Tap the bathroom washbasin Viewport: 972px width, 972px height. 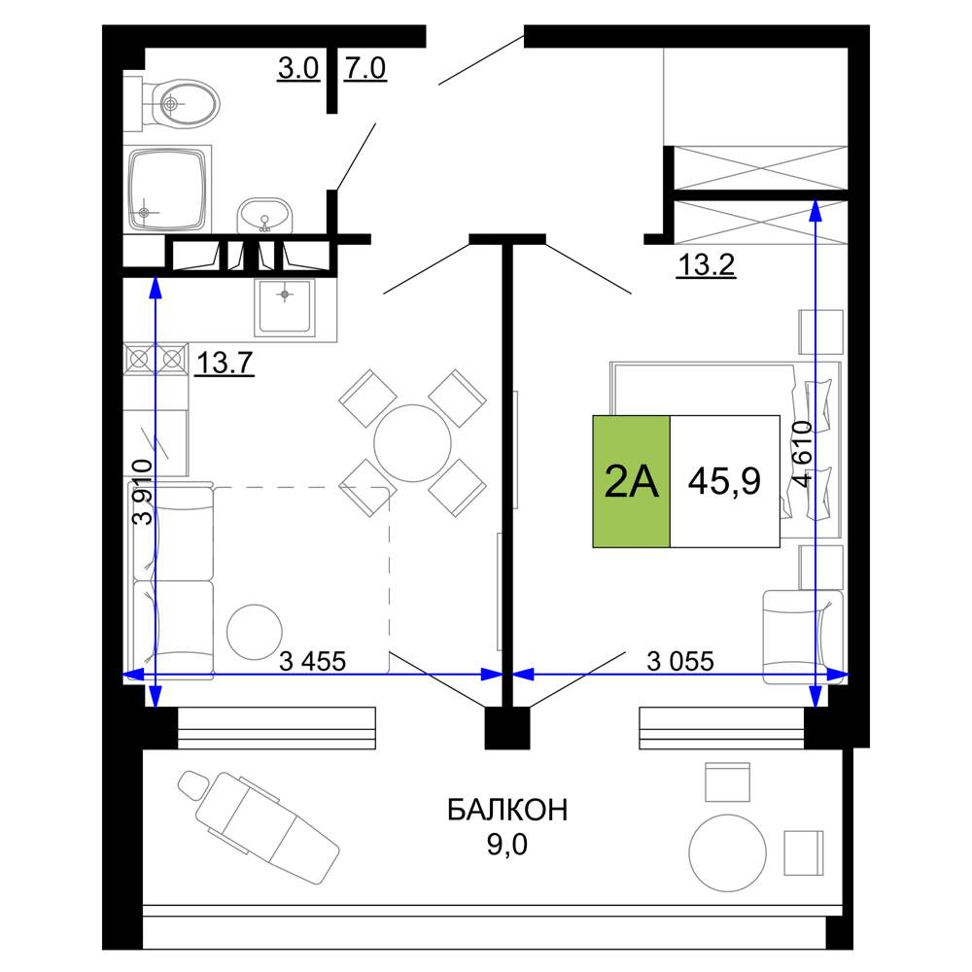[264, 215]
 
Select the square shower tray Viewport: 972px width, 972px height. [167, 189]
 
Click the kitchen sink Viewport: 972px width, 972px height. [285, 306]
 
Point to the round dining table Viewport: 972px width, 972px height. [412, 442]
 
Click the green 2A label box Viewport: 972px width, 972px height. [631, 481]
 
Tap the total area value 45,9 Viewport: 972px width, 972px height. [724, 481]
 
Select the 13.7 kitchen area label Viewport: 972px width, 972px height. [225, 362]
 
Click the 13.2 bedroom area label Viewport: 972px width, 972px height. [706, 264]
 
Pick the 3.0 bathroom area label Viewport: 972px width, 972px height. [298, 68]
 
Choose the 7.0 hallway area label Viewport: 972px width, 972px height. [365, 68]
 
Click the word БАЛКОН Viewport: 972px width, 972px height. [507, 810]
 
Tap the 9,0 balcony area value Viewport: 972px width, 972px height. [507, 845]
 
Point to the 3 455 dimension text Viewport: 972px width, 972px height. [312, 661]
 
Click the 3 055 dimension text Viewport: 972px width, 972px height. [680, 661]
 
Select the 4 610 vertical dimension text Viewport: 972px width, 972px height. [803, 454]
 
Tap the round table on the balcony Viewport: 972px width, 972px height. [728, 853]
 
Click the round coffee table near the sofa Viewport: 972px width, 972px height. [255, 632]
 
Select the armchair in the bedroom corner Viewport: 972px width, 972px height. [802, 638]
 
